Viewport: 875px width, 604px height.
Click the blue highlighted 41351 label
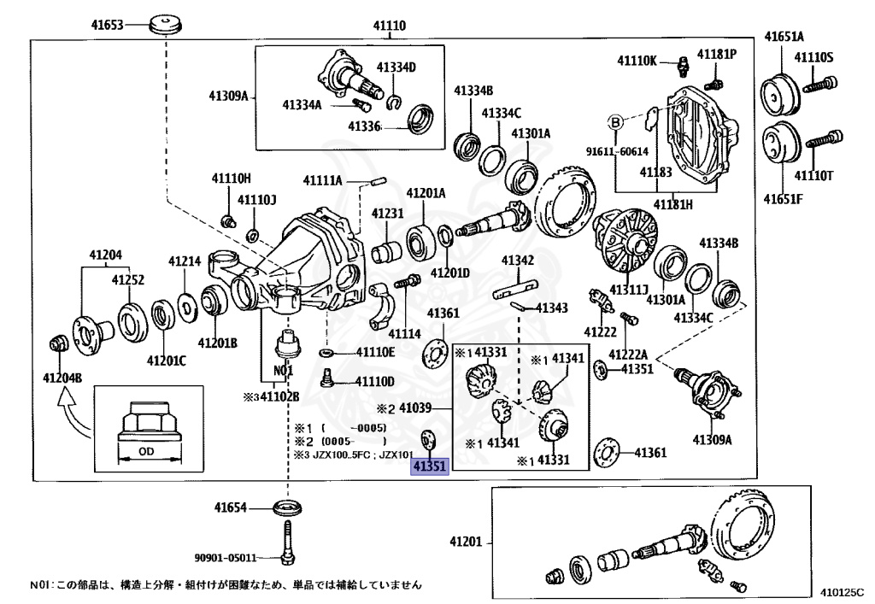pos(429,468)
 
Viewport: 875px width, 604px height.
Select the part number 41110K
pos(637,61)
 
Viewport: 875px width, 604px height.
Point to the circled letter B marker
pos(614,123)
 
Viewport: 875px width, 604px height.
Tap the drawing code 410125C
pos(842,591)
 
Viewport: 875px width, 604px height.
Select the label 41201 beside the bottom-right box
pos(467,542)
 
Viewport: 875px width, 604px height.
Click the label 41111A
pos(322,180)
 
